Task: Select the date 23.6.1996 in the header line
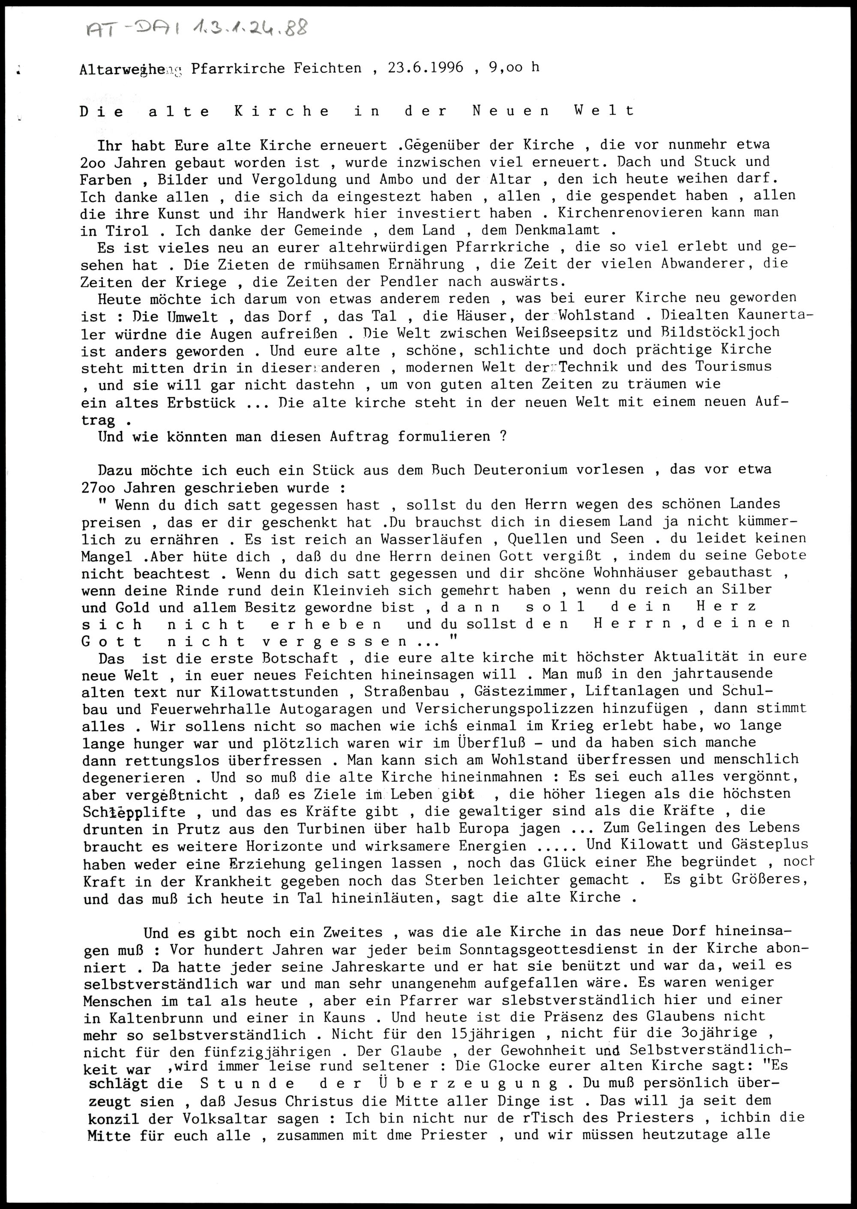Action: point(426,68)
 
